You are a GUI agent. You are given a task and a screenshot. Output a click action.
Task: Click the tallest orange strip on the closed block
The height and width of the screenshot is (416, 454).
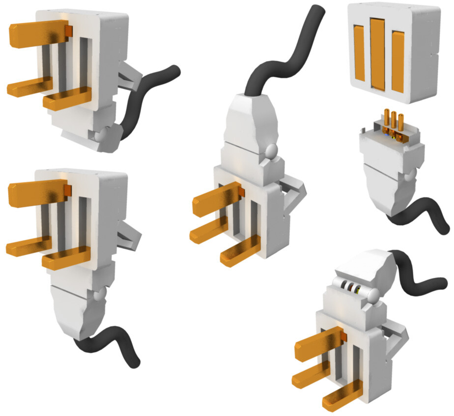click(377, 53)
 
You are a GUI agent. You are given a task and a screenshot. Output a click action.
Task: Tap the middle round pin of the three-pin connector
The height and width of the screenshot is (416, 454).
click(394, 122)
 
